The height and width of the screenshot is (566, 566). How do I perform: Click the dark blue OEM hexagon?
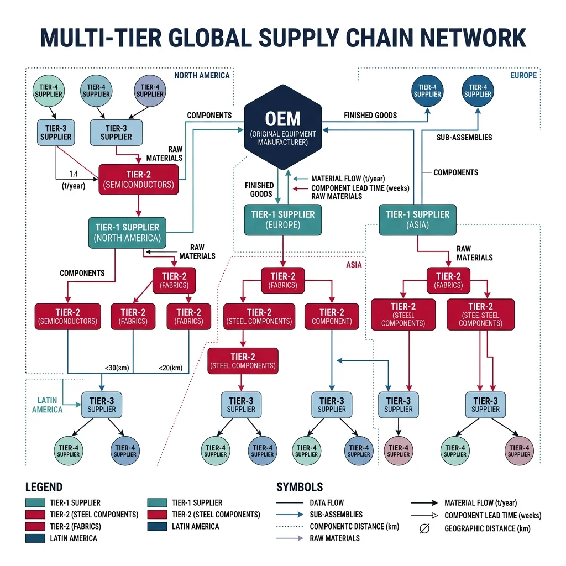[x=282, y=127]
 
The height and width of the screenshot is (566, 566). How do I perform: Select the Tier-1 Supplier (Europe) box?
[x=282, y=219]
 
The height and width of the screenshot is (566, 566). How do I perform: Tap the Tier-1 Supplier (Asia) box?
[x=417, y=219]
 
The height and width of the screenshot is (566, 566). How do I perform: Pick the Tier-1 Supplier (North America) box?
[x=127, y=232]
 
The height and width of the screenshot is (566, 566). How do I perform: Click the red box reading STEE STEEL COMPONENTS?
[x=480, y=315]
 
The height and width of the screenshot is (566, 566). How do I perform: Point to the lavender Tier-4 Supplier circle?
[x=150, y=90]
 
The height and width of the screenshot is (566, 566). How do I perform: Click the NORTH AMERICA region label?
[x=201, y=75]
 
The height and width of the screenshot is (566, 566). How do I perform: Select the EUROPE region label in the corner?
[x=523, y=75]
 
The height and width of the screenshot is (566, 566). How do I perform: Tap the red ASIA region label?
[x=354, y=265]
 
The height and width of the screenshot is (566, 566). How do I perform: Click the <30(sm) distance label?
[x=117, y=368]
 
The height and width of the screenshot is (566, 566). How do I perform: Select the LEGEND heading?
[x=44, y=487]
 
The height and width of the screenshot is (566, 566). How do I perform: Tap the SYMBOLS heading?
[x=300, y=487]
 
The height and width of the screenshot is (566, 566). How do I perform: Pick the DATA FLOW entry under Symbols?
[x=326, y=502]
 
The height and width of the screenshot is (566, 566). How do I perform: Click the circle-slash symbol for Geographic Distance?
[x=424, y=528]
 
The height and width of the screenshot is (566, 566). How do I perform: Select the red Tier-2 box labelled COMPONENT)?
[x=332, y=316]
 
